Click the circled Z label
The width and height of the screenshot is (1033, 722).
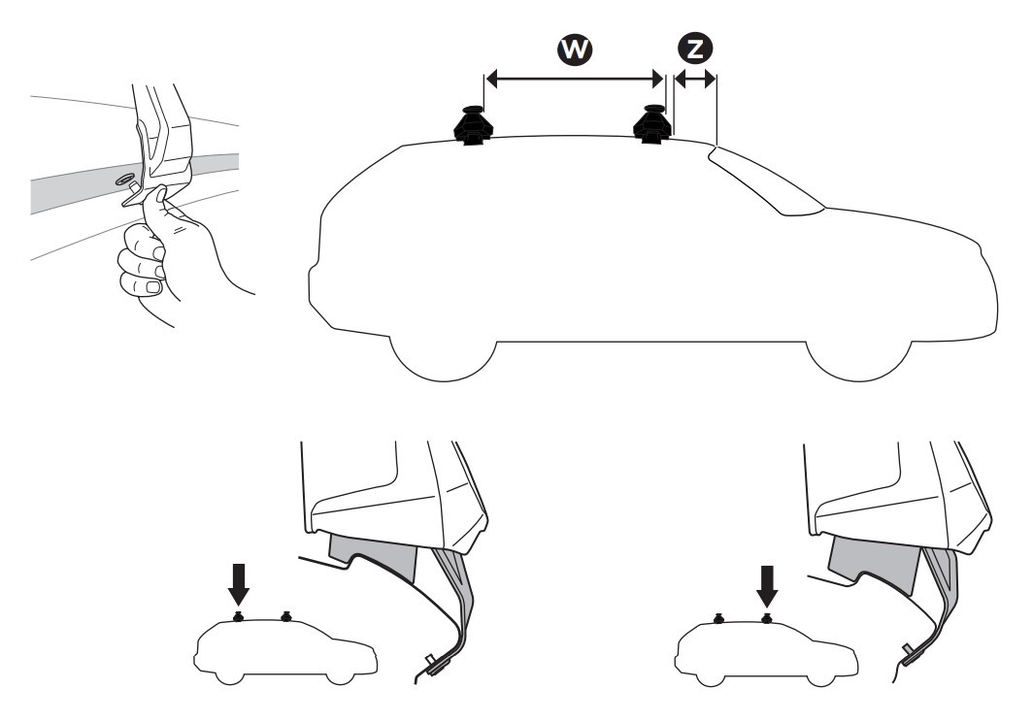pos(694,48)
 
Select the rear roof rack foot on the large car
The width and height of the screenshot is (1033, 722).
pos(471,124)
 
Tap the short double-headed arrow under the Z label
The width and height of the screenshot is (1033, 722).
pos(694,82)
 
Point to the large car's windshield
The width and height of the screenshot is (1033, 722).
pos(767,180)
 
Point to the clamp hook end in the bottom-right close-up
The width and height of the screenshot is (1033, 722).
pos(910,652)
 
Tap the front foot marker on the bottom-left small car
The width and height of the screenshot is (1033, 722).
pos(285,616)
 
